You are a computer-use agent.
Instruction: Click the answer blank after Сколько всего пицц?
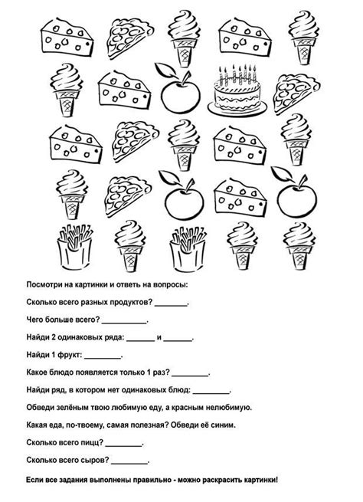tap(125, 444)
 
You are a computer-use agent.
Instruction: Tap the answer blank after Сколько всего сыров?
tap(130, 461)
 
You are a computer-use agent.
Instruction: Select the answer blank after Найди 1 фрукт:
tap(102, 356)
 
